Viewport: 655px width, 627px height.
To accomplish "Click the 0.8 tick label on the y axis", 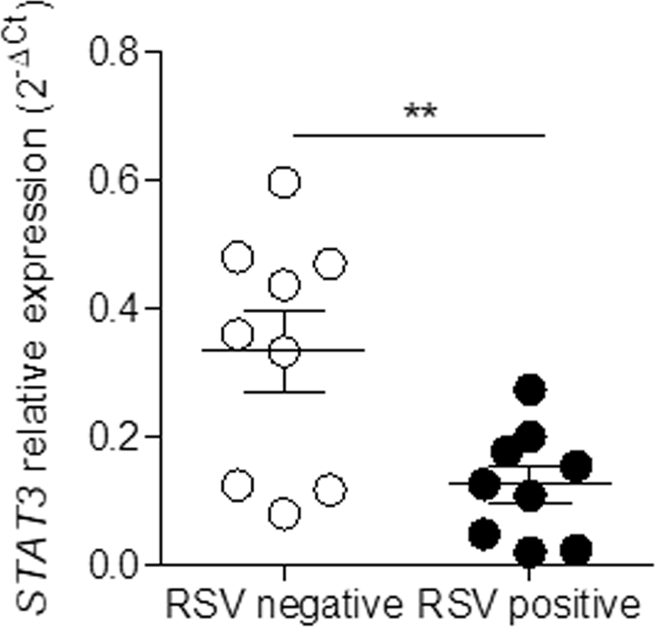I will tap(117, 52).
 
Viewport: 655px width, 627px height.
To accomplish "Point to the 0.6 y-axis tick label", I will tap(117, 180).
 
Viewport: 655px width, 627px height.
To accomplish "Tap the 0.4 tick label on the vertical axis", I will tap(117, 308).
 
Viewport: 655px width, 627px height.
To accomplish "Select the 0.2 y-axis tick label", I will tap(117, 436).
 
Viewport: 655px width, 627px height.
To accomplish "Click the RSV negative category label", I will tap(283, 604).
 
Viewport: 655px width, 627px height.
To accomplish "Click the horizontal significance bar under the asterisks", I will tap(418, 134).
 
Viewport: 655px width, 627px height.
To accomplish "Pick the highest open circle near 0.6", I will tap(284, 182).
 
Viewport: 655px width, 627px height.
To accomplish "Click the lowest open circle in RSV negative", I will tap(284, 515).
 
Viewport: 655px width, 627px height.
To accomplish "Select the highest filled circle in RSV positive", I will tap(529, 388).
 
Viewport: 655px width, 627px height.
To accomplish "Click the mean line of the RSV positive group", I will tap(583, 483).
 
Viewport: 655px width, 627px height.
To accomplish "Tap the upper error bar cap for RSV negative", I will tap(284, 311).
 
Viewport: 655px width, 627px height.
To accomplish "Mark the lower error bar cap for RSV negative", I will tap(284, 391).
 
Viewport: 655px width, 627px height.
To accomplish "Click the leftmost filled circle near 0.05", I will tap(483, 532).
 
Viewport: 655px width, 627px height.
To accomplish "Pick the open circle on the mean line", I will tap(284, 351).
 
